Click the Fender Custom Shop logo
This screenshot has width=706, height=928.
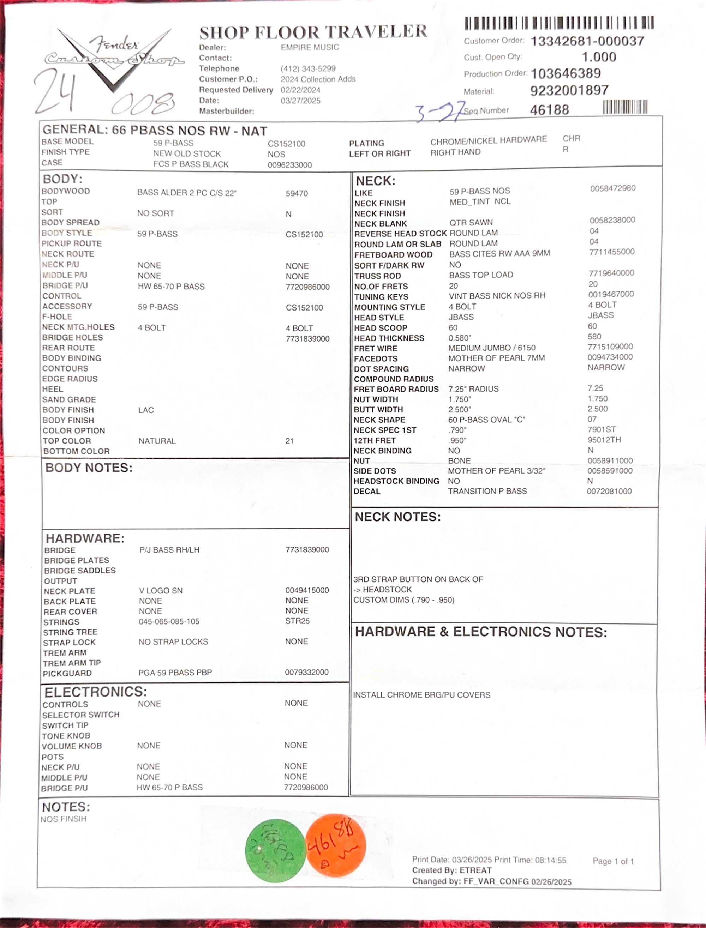(113, 57)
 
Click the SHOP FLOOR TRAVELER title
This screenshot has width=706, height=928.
(313, 32)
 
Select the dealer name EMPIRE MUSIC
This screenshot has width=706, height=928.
(310, 48)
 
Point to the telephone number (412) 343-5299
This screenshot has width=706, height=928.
(308, 68)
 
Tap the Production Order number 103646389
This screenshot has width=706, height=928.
(566, 73)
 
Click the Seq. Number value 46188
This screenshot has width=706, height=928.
(550, 110)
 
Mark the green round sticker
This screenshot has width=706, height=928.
(275, 850)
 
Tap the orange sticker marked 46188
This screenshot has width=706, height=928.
(336, 845)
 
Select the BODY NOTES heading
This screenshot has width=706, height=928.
(89, 468)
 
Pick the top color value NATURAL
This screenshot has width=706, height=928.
(157, 441)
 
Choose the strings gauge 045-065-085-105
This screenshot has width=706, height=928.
(169, 621)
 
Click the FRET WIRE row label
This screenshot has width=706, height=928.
(375, 348)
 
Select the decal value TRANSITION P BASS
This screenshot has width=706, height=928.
(487, 491)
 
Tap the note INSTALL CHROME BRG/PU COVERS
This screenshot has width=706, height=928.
(421, 695)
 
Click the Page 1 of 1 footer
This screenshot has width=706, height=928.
(613, 861)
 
